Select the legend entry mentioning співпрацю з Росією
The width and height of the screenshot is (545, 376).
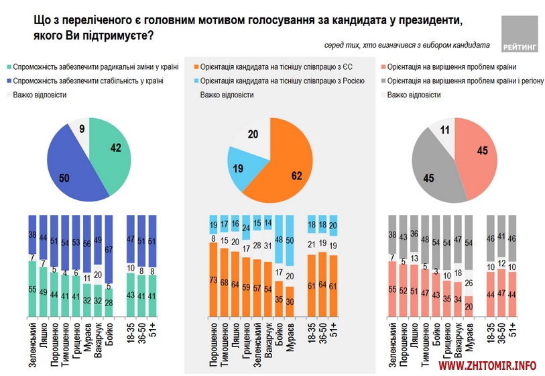[278, 81]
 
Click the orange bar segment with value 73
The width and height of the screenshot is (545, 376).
[213, 279]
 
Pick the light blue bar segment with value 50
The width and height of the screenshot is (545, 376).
[290, 240]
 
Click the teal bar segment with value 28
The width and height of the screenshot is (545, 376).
[109, 304]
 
